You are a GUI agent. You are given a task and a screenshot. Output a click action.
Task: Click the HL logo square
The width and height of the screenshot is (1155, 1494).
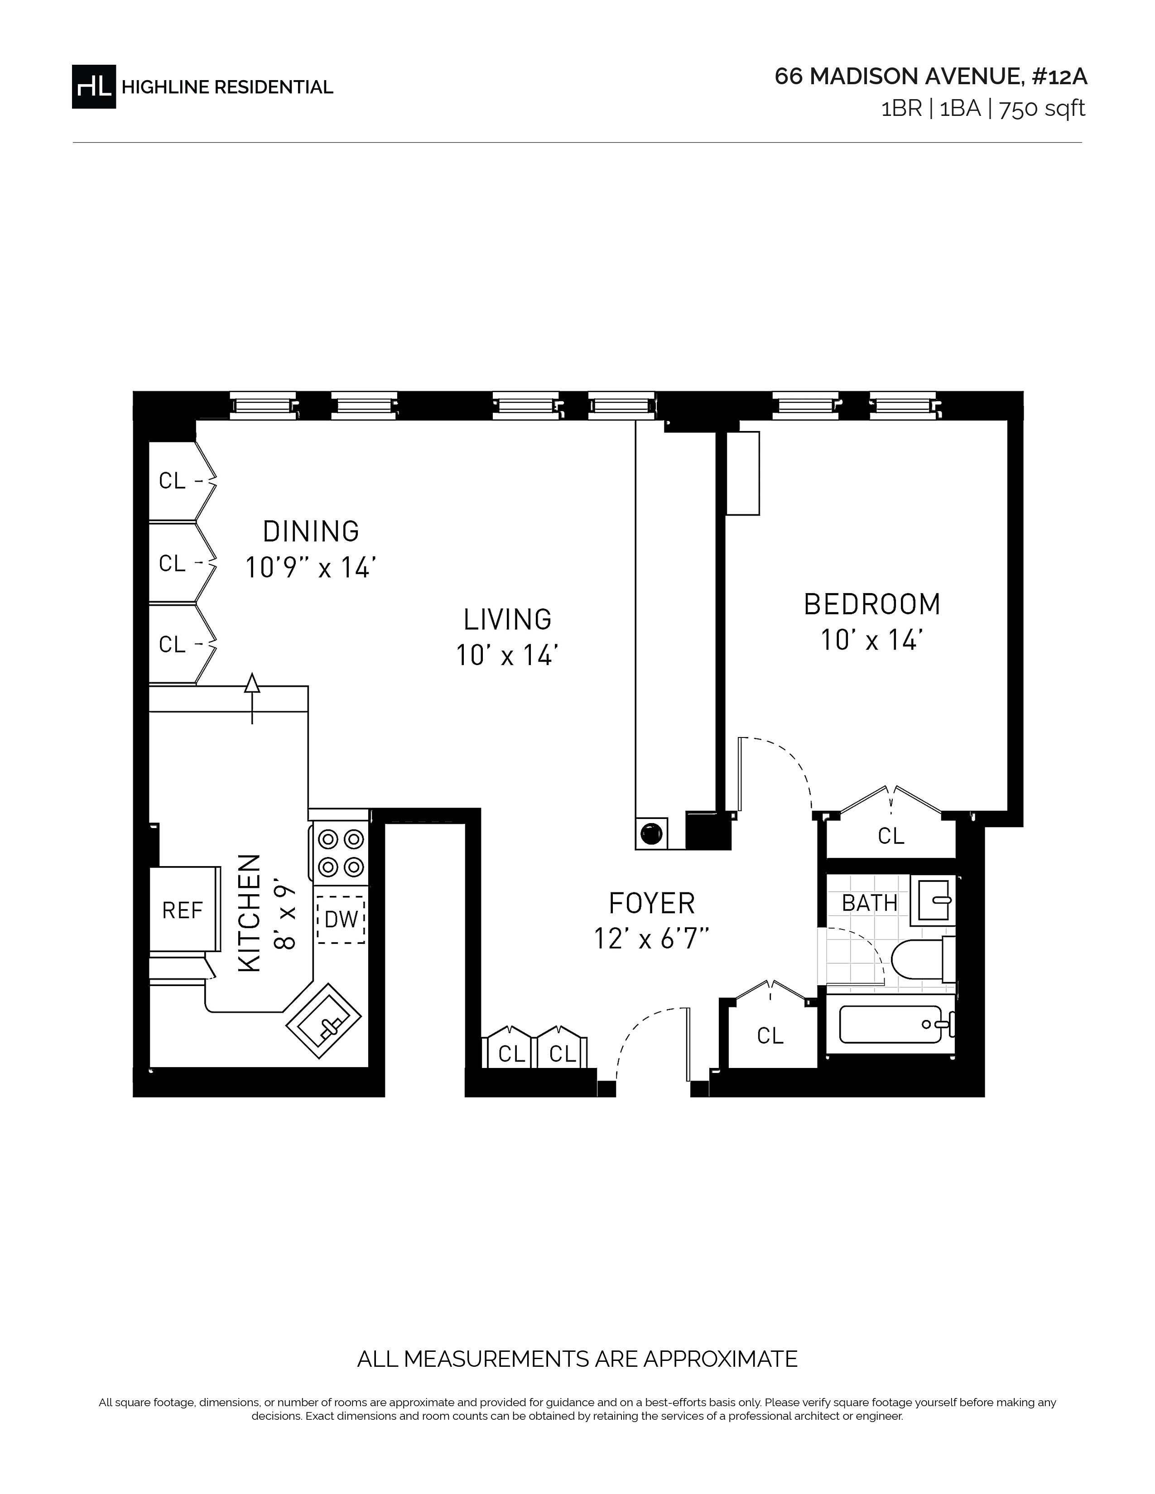pyautogui.click(x=94, y=86)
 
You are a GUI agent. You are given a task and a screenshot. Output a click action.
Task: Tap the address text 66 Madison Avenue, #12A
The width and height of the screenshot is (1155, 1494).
pyautogui.click(x=931, y=77)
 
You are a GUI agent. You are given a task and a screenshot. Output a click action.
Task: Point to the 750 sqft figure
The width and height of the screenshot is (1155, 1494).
pyautogui.click(x=1042, y=109)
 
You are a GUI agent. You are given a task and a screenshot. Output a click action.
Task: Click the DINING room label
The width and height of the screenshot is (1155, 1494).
pyautogui.click(x=311, y=532)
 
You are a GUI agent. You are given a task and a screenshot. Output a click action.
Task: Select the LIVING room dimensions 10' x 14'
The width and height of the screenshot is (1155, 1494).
pyautogui.click(x=507, y=656)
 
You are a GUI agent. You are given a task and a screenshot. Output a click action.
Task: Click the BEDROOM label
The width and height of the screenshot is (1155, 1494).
pyautogui.click(x=872, y=604)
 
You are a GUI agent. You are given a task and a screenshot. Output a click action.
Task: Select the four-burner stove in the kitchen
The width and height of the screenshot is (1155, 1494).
pyautogui.click(x=341, y=852)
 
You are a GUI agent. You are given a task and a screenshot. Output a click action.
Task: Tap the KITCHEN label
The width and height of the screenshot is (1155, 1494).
pyautogui.click(x=249, y=913)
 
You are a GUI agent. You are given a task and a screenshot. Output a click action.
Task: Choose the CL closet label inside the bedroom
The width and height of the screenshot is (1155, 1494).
pyautogui.click(x=891, y=835)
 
